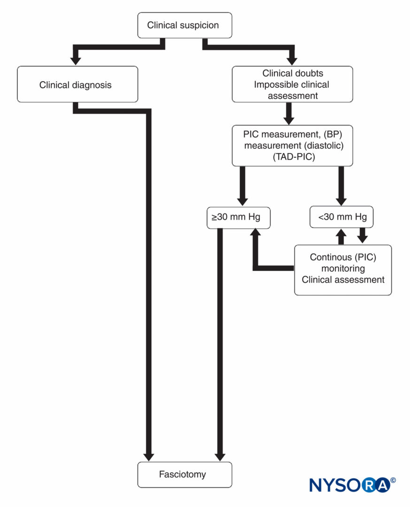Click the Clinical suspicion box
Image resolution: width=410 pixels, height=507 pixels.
click(185, 25)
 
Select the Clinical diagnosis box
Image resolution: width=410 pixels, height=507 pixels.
click(77, 84)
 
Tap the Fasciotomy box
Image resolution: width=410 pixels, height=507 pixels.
click(185, 475)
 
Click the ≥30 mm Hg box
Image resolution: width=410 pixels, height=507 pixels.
click(239, 217)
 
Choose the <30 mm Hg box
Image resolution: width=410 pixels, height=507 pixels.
click(341, 217)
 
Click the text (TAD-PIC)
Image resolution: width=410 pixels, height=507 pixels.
click(294, 157)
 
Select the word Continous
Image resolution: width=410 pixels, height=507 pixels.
click(331, 257)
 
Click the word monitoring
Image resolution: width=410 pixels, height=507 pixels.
click(343, 269)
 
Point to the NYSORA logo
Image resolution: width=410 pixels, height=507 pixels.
click(352, 485)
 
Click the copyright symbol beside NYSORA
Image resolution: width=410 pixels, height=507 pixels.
click(393, 480)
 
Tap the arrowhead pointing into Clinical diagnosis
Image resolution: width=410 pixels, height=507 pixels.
click(76, 61)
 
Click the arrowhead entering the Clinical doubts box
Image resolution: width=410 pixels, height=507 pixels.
click(292, 61)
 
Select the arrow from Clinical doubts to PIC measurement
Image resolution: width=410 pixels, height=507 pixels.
click(289, 114)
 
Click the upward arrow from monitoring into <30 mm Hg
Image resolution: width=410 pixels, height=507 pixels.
click(341, 236)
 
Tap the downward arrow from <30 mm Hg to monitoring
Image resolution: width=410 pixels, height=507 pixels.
click(363, 236)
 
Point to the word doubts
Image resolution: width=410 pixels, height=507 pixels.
click(309, 73)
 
